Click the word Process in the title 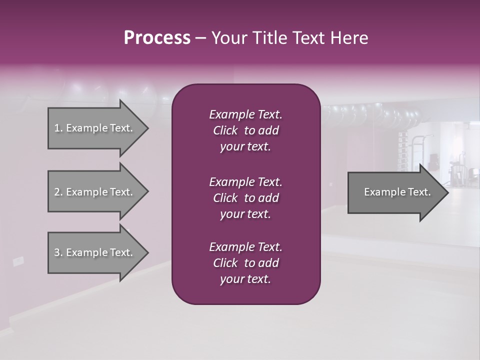(157, 38)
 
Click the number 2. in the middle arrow (58, 192)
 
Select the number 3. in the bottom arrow (58, 252)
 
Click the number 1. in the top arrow (58, 128)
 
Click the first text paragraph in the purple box (245, 130)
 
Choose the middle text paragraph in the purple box (245, 198)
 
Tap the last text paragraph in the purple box (245, 263)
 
